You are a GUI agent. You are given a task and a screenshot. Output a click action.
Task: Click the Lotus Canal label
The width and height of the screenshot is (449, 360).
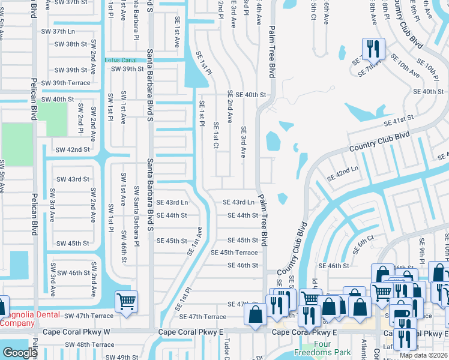click(121, 61)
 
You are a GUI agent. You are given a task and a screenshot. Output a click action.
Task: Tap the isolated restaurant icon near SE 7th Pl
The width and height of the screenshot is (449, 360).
click(373, 49)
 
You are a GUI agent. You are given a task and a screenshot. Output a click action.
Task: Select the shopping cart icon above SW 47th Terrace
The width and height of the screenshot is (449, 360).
click(126, 301)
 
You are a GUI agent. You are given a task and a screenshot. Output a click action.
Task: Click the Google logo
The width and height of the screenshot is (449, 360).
click(20, 353)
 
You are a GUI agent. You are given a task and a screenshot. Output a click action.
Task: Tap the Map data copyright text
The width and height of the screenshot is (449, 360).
click(424, 355)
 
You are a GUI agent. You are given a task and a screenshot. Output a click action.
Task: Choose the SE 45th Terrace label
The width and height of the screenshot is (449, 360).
click(234, 253)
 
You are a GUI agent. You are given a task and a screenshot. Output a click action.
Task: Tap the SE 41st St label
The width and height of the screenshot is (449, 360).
click(399, 122)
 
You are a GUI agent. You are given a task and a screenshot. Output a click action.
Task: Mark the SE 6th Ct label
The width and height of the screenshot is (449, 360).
click(363, 239)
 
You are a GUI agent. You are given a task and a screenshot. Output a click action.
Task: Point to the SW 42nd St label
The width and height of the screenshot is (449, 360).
click(72, 149)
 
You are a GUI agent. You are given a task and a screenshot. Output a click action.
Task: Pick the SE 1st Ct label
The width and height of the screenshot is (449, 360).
click(215, 137)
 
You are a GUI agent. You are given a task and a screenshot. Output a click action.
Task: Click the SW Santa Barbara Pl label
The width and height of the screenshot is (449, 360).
click(136, 224)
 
